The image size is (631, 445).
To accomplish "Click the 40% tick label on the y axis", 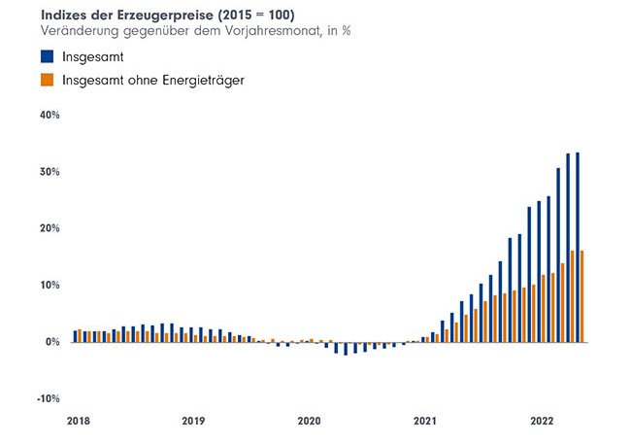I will [50, 115].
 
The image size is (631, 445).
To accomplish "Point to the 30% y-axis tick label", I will [50, 172].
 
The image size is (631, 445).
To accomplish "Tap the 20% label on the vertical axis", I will [50, 228].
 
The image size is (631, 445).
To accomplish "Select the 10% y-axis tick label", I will [50, 286].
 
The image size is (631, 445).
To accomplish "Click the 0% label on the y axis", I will [52, 342].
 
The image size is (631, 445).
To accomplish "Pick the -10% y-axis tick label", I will [48, 398].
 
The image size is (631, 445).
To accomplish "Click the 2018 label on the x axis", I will [78, 422].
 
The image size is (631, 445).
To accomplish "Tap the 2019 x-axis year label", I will [193, 422].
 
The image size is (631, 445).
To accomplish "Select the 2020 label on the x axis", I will [309, 422].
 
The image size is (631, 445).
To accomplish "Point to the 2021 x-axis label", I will [424, 422].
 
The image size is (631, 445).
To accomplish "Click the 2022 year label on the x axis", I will [541, 422].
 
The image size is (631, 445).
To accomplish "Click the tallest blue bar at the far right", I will [578, 247].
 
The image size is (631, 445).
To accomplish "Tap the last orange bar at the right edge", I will [582, 296].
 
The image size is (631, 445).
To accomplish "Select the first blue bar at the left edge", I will [75, 336].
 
